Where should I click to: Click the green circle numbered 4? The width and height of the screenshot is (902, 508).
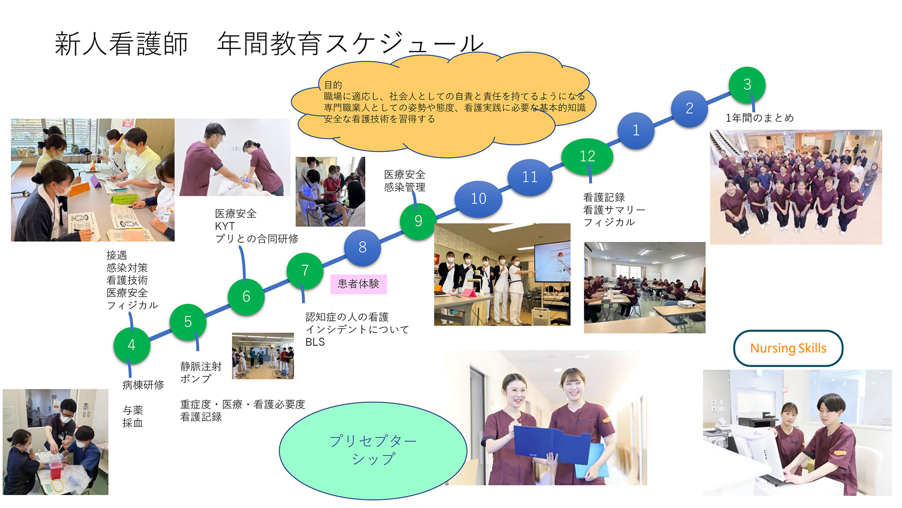[132, 345]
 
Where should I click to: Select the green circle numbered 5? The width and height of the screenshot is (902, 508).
[188, 322]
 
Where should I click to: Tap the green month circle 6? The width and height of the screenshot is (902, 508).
[246, 296]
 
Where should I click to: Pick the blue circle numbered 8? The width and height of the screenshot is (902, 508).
[362, 247]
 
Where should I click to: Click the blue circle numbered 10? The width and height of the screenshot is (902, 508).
[478, 198]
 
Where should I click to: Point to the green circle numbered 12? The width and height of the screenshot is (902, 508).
[587, 156]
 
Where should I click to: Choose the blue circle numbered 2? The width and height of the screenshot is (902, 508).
[689, 108]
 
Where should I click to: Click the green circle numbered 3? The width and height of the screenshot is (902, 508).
[747, 85]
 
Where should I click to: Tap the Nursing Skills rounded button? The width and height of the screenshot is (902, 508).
[788, 348]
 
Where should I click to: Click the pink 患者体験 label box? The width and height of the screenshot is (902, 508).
[358, 284]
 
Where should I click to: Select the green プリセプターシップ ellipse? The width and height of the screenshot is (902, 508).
[373, 451]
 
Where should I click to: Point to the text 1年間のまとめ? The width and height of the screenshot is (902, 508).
[760, 118]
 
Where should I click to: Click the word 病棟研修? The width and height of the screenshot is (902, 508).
[143, 385]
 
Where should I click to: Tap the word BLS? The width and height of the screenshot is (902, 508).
[315, 342]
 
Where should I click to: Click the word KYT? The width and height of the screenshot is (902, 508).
[225, 226]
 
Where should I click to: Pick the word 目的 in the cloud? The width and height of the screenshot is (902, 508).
[333, 85]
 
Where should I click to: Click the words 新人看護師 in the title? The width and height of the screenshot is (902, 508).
[122, 44]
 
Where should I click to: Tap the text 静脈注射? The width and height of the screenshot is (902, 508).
[201, 366]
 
